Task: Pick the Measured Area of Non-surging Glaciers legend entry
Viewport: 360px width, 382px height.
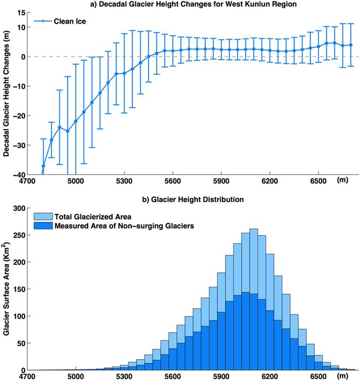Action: pyautogui.click(x=113, y=225)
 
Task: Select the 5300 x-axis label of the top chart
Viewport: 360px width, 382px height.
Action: pyautogui.click(x=124, y=181)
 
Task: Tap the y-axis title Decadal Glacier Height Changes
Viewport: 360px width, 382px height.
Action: pyautogui.click(x=7, y=93)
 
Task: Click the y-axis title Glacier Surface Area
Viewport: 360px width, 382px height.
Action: pyautogui.click(x=7, y=289)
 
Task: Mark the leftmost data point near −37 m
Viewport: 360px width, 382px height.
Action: pyautogui.click(x=43, y=166)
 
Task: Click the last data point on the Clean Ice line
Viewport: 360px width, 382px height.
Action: pyautogui.click(x=350, y=45)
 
